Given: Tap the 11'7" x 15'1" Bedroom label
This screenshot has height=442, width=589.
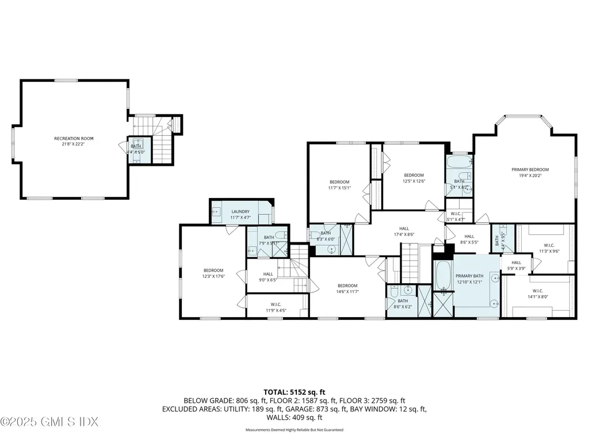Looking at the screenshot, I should click(x=339, y=185).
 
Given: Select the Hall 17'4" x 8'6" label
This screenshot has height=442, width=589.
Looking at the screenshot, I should click(x=403, y=231).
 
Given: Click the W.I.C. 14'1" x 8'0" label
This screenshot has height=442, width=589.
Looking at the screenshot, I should click(x=537, y=294).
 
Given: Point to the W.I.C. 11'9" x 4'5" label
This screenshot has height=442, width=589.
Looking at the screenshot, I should click(x=276, y=307).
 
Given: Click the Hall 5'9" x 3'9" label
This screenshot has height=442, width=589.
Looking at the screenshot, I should click(x=516, y=265).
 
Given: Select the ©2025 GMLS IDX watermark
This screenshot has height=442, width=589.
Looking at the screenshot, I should click(x=50, y=422).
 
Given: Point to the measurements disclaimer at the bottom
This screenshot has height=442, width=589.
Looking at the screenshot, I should click(x=294, y=430).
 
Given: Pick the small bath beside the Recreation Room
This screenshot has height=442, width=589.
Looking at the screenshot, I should click(x=137, y=149).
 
